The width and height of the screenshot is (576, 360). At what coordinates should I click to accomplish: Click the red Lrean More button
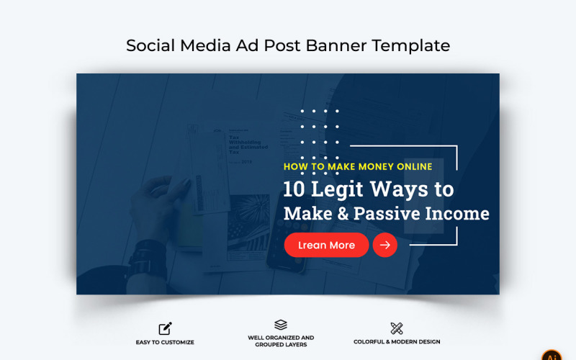coord(326,245)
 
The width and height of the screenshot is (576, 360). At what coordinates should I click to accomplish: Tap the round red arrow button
coord(385,245)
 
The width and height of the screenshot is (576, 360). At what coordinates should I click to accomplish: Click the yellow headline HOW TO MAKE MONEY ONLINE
coord(358,166)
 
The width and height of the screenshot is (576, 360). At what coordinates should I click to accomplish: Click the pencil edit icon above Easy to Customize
coord(166,328)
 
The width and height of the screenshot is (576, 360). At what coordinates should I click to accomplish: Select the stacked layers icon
coord(281,325)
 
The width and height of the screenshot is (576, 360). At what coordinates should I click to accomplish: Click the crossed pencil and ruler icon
coord(397,328)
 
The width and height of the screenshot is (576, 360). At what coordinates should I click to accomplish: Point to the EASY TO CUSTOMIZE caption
coord(166,342)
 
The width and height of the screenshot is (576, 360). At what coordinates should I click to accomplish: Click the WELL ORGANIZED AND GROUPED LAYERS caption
coord(281,341)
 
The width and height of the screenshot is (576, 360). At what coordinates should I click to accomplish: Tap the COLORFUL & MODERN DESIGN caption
coord(397,342)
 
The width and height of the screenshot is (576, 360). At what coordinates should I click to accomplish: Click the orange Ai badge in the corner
coord(552,355)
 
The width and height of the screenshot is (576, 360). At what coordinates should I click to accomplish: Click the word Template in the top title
coord(412,45)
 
